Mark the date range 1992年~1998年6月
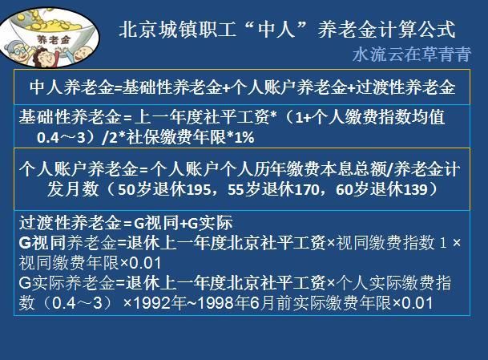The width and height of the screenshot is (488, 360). (x=216, y=303)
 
